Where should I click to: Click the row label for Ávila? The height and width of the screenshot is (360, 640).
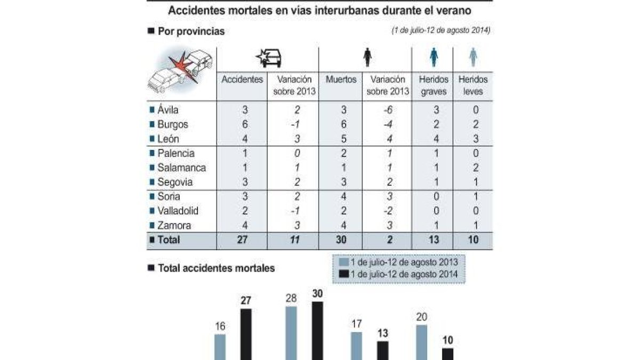[x=168, y=110]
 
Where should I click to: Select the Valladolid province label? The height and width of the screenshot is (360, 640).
[x=177, y=211]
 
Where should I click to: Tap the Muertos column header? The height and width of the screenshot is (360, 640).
[x=341, y=79]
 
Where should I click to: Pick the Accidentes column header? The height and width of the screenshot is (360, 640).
[x=243, y=79]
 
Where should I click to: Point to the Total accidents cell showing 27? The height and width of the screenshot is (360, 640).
[x=243, y=240]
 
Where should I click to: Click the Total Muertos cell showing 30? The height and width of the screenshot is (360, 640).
[x=341, y=240]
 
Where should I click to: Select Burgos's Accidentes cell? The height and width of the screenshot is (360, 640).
[x=243, y=124]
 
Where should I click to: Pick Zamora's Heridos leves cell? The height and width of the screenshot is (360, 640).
[x=473, y=225]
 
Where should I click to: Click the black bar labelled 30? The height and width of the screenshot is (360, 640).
[x=317, y=331]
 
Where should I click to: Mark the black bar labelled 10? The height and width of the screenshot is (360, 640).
[x=448, y=354]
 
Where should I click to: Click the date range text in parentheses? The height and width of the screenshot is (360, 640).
[x=441, y=30]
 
